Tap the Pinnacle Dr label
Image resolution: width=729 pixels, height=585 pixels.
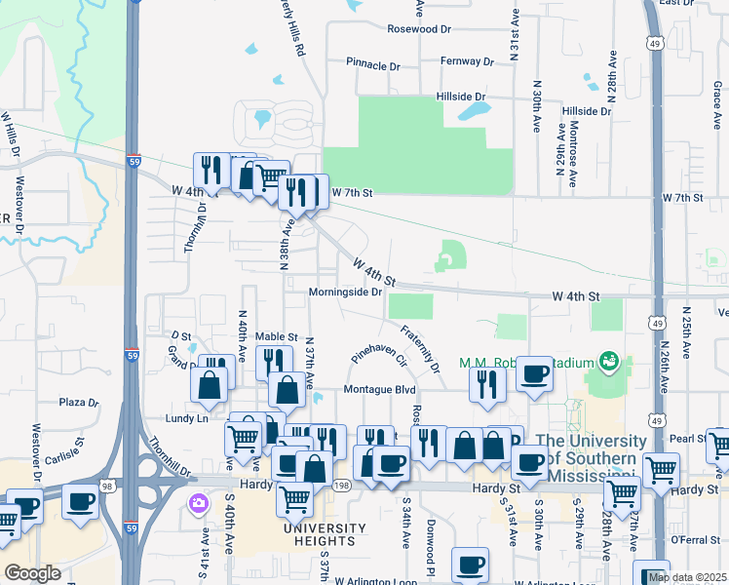tap(373, 63)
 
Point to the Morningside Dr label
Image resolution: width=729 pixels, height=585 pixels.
tap(344, 292)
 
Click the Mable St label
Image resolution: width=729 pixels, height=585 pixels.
tap(276, 336)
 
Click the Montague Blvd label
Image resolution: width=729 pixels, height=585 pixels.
tap(379, 390)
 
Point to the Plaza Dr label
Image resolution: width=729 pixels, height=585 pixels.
tap(79, 402)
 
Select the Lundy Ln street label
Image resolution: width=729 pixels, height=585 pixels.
tap(189, 418)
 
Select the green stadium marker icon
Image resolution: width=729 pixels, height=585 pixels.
tap(610, 362)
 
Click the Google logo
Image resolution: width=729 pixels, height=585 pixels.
tap(32, 573)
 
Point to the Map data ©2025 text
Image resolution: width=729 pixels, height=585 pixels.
tap(687, 577)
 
